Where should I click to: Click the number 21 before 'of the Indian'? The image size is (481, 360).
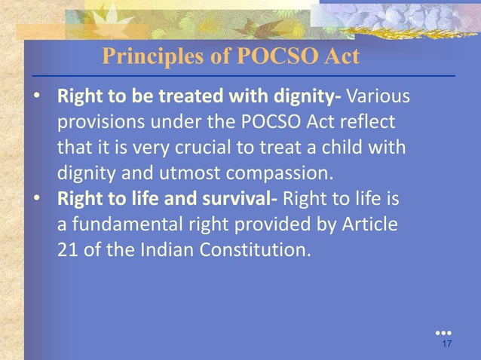66,249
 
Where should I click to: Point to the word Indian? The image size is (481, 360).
170,249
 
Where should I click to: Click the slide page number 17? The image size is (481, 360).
446,345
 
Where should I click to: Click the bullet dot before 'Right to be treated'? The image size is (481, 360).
38,99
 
